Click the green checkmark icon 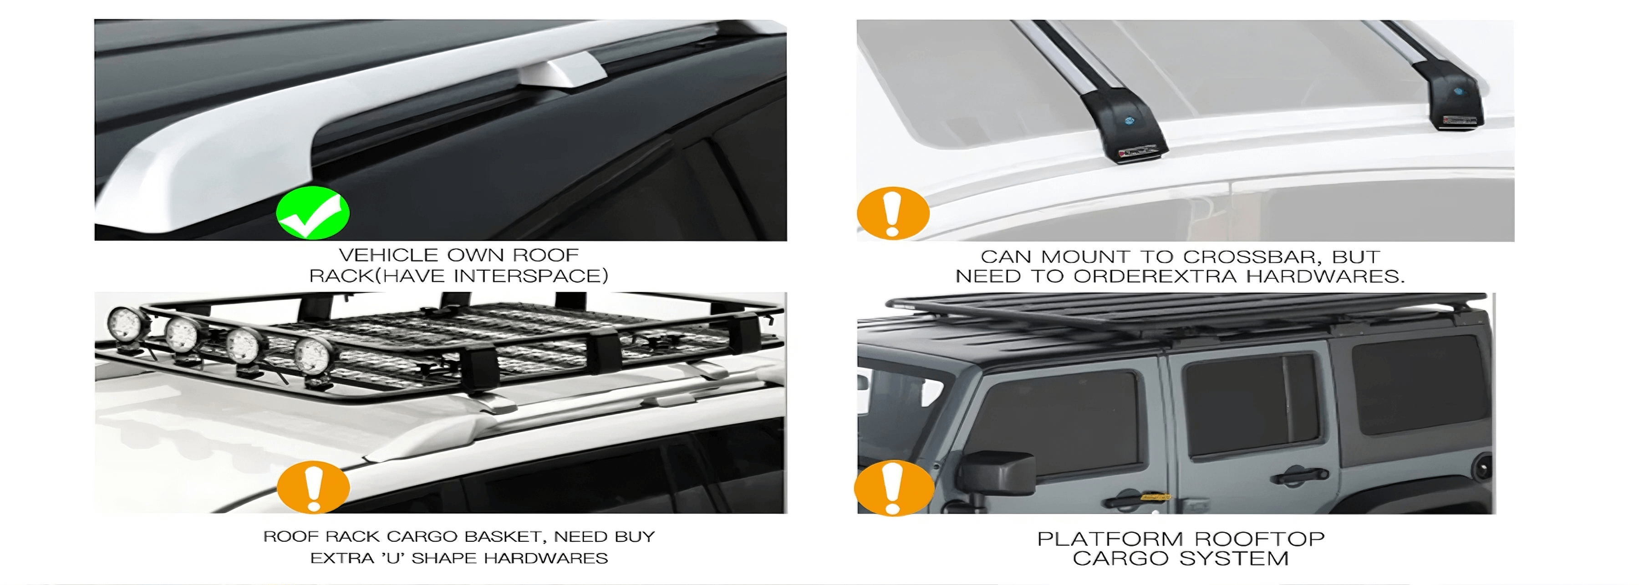click(x=312, y=212)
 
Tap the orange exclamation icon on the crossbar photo click(x=893, y=213)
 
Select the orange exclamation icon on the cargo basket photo click(x=313, y=488)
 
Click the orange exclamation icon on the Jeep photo click(x=893, y=488)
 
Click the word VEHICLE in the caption click(x=389, y=255)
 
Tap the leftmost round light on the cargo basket click(x=124, y=325)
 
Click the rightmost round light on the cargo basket click(x=312, y=358)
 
